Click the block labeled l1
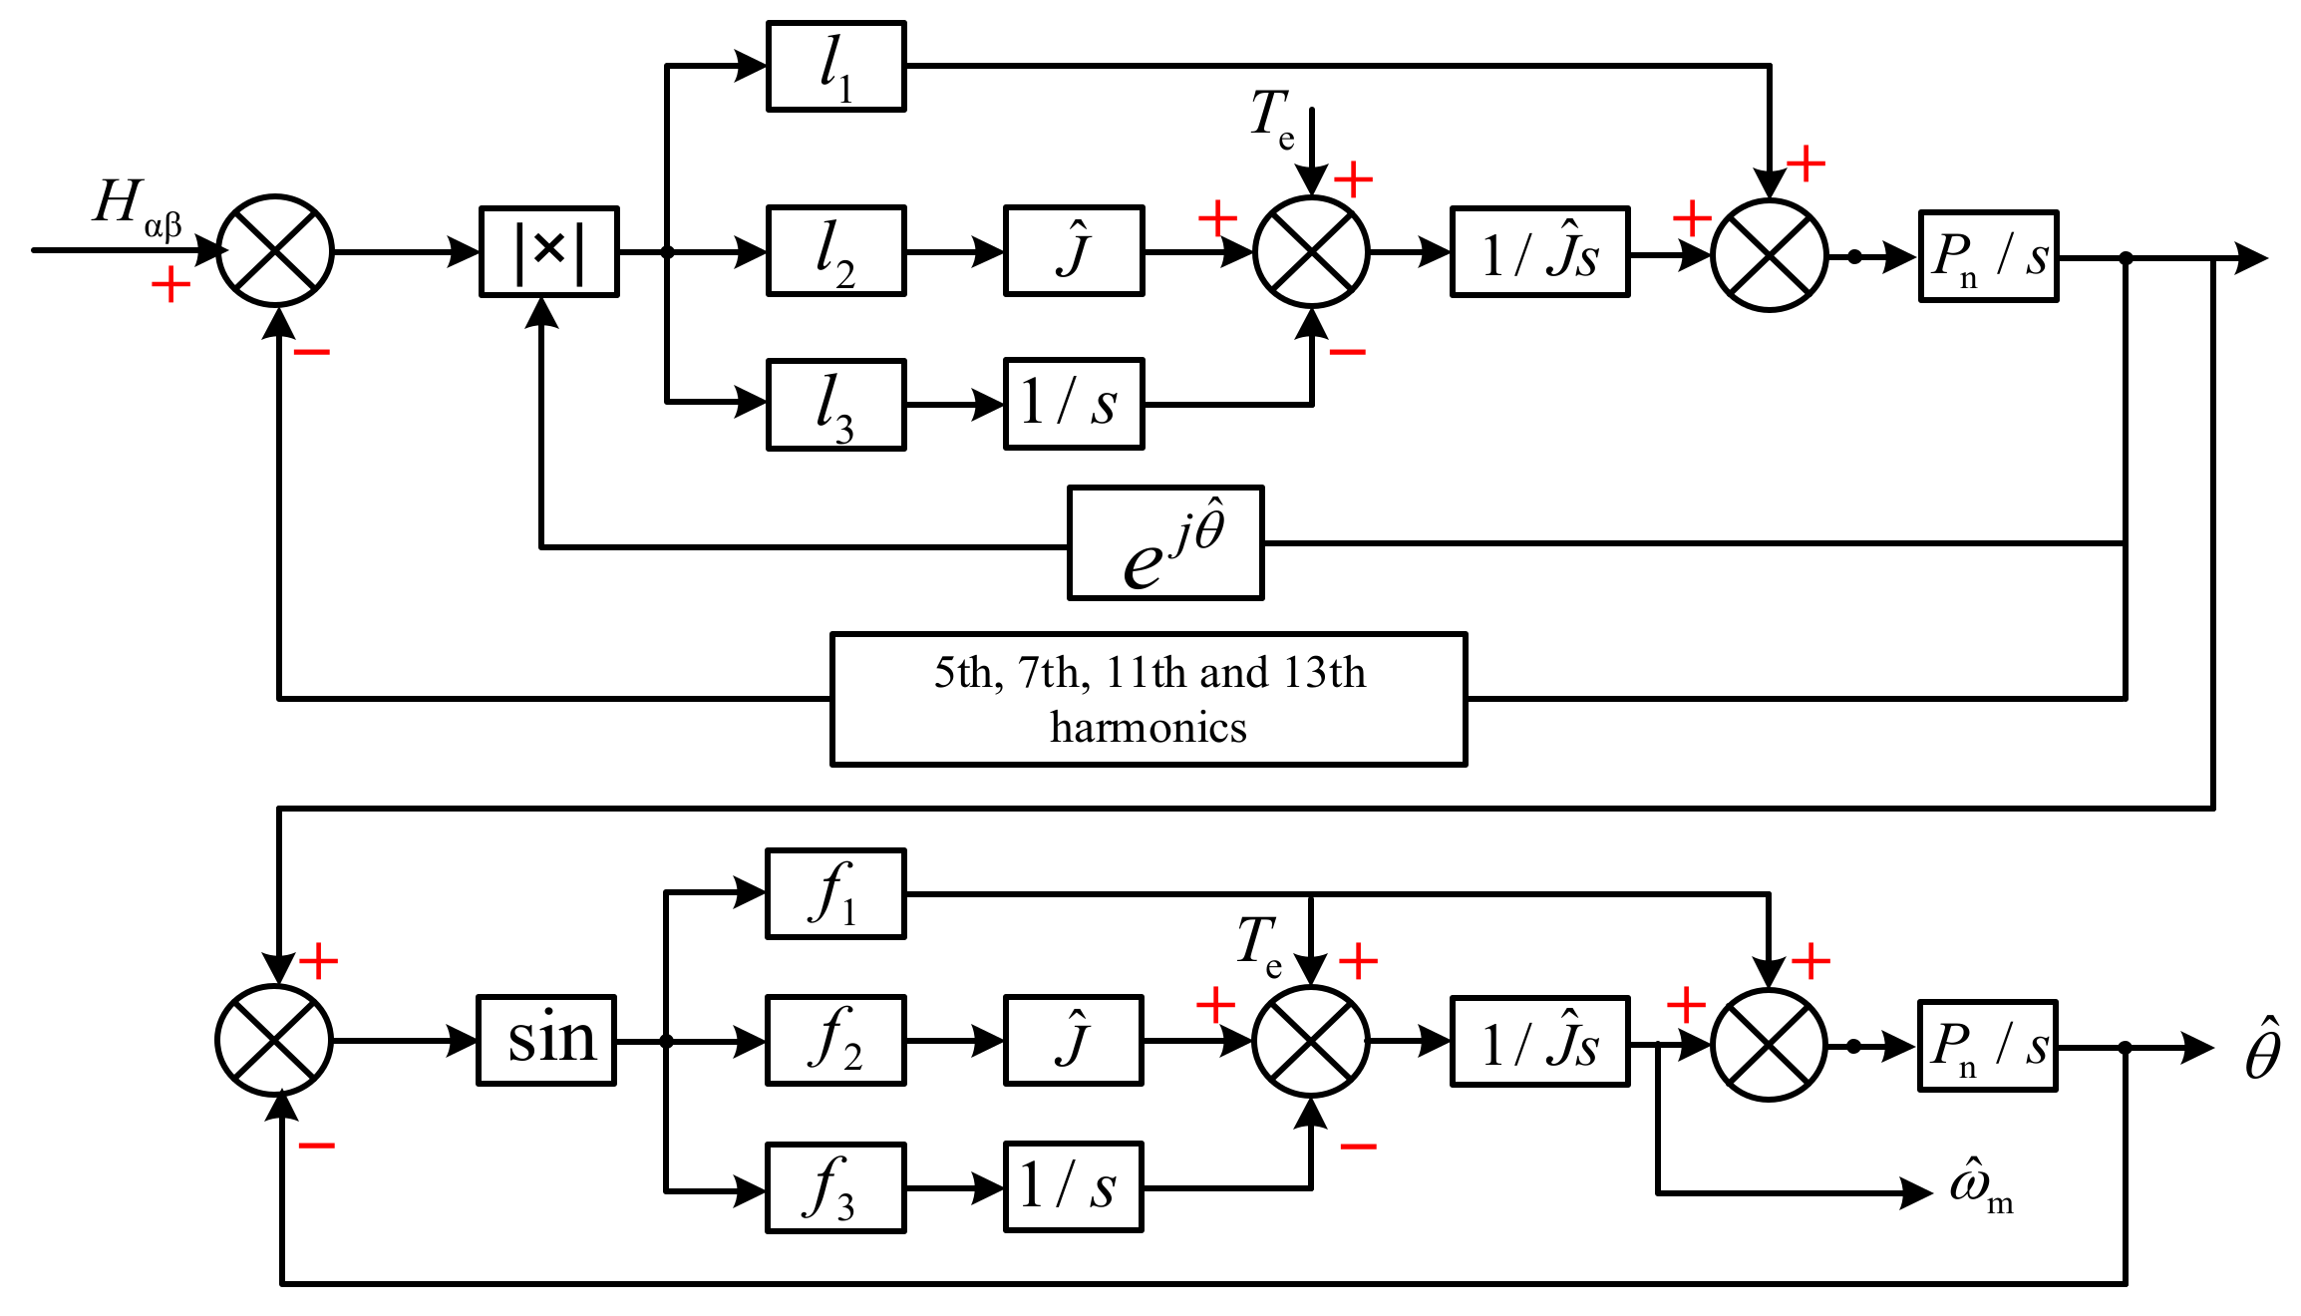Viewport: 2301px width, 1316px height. (835, 66)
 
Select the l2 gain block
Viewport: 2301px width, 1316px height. (835, 251)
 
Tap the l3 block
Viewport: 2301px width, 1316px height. (835, 405)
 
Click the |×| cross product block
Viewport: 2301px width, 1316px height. (549, 252)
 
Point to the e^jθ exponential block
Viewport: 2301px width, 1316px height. (1165, 543)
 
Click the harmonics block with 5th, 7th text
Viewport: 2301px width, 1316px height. (1149, 699)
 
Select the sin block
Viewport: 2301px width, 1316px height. (546, 1040)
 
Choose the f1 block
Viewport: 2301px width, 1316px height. (835, 894)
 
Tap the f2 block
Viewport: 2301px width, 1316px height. (835, 1040)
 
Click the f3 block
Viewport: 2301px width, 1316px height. (835, 1188)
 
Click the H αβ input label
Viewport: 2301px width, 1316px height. (135, 206)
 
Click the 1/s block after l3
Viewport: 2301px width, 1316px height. (1073, 404)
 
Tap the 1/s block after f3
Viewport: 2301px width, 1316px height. (1073, 1187)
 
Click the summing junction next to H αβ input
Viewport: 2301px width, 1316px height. (275, 251)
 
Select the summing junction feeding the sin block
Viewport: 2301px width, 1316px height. (274, 1040)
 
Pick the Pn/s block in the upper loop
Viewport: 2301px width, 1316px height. (1988, 256)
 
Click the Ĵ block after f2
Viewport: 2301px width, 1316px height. (1073, 1040)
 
